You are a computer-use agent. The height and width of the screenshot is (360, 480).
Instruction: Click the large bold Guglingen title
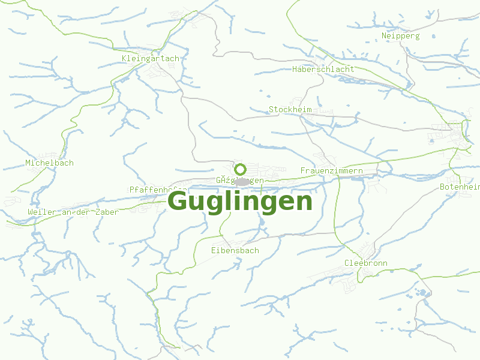pos(240,201)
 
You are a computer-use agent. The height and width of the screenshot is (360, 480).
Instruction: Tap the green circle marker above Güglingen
pos(241,169)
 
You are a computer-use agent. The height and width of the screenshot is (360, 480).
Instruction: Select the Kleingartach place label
pos(150,58)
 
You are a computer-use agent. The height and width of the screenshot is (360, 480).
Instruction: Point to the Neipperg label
pos(400,35)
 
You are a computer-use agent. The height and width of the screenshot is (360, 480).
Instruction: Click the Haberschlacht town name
pos(323,69)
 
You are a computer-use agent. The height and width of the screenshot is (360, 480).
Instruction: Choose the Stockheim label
pos(290,109)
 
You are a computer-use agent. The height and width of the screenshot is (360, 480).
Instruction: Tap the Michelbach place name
pos(49,163)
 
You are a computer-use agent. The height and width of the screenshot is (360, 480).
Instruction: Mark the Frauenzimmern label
pos(331,171)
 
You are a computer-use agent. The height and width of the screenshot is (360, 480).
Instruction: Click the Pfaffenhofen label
pos(157,190)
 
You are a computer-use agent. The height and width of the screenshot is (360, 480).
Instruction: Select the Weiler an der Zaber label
pos(73,212)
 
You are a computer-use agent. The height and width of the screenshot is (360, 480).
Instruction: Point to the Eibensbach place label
pos(235,250)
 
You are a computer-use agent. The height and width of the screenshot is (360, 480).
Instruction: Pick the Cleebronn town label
pos(365,263)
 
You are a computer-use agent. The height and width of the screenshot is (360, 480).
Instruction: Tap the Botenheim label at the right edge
pos(460,187)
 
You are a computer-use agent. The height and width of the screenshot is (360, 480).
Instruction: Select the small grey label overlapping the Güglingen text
pos(242,181)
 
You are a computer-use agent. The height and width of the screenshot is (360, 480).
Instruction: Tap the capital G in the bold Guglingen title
pos(178,201)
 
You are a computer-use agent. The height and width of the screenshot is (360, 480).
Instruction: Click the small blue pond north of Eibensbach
pos(262,222)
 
